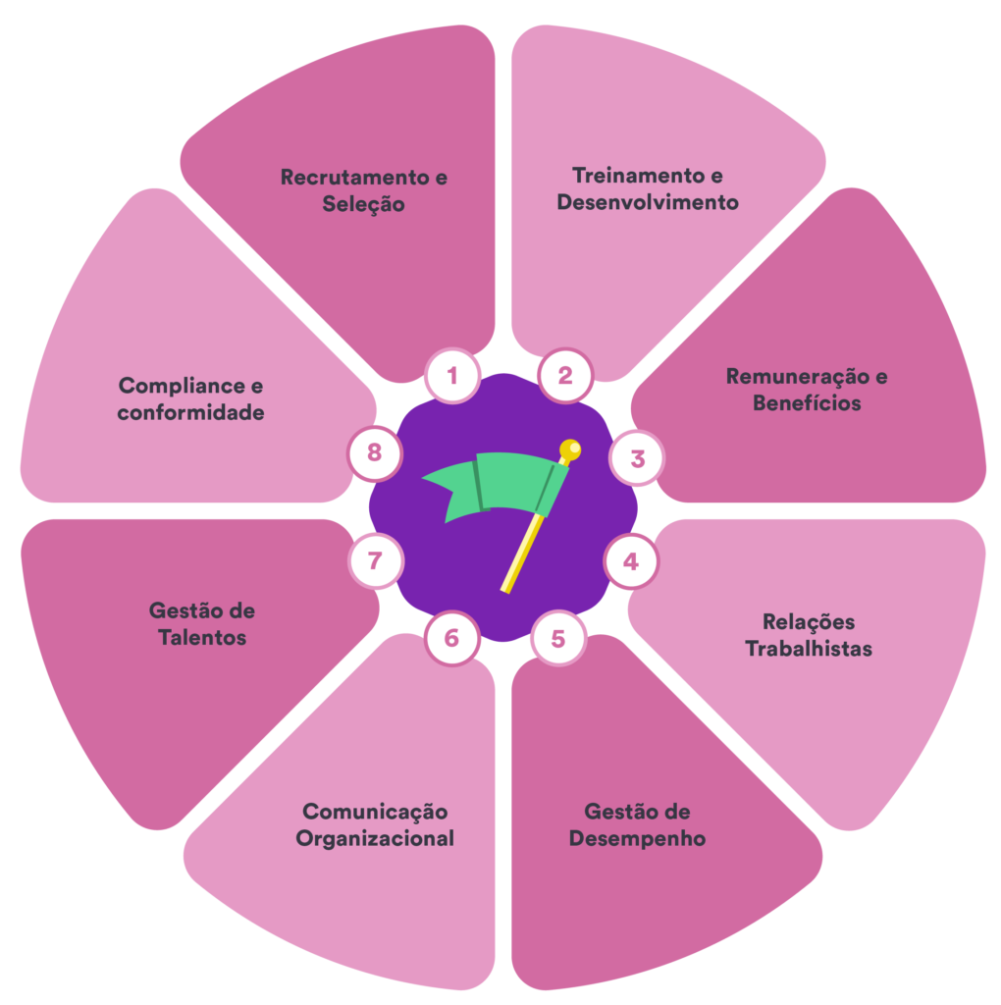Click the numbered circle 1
452,376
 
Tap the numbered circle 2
565,375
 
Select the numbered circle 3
637,458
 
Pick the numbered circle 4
631,561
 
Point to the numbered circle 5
557,639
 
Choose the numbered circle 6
451,638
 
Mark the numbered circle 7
375,561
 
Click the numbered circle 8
375,453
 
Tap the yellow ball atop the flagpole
570,450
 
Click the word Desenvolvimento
648,203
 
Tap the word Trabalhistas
809,649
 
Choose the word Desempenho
637,839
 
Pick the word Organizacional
375,839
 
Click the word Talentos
202,638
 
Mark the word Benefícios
807,403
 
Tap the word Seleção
363,205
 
